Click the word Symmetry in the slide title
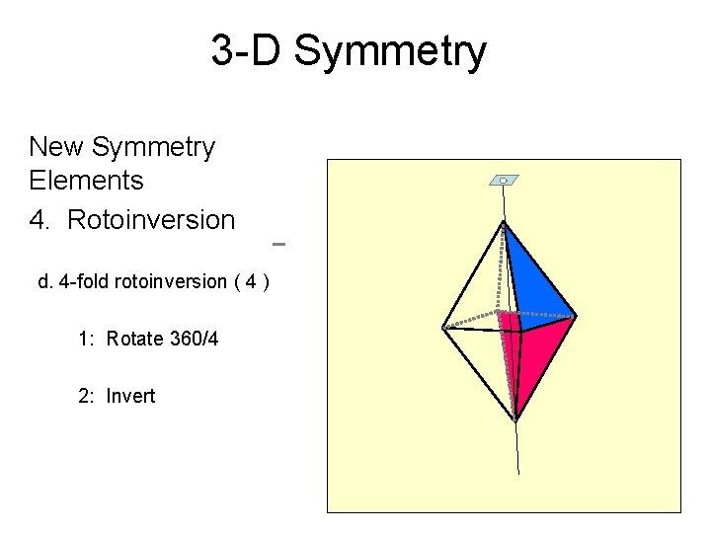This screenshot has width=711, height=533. [390, 51]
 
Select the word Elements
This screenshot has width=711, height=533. [87, 181]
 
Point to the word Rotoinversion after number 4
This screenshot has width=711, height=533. [151, 220]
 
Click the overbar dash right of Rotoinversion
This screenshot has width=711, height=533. [277, 242]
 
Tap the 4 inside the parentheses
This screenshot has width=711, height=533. [253, 282]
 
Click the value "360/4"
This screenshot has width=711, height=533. [195, 340]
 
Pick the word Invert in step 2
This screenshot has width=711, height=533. [131, 397]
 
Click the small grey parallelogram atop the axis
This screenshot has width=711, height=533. [504, 181]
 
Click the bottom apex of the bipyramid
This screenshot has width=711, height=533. [514, 419]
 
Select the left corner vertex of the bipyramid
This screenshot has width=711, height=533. [443, 327]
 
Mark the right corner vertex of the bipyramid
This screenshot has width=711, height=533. [575, 316]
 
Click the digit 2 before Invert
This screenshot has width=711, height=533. [83, 397]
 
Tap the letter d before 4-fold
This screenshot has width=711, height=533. [43, 282]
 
